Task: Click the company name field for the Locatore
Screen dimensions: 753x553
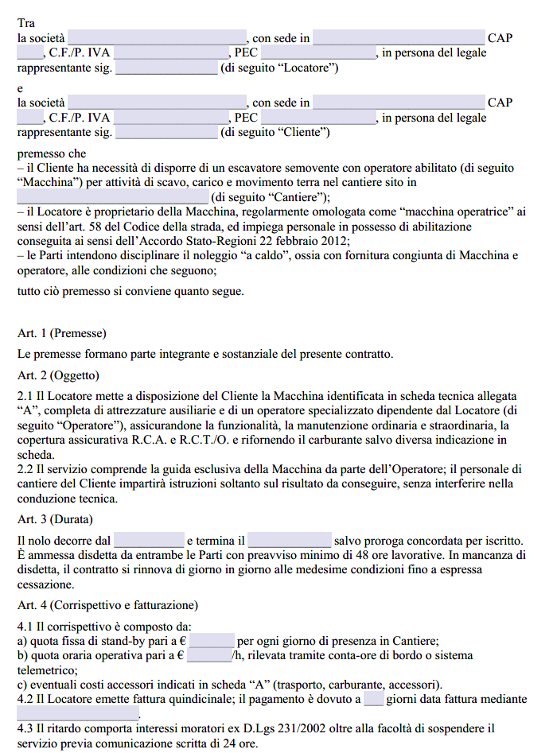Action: [158, 37]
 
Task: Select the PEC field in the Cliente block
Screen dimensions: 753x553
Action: [319, 118]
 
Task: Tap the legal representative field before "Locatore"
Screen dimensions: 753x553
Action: [166, 68]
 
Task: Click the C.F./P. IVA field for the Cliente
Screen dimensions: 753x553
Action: [171, 118]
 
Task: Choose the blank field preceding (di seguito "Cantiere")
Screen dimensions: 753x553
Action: [112, 197]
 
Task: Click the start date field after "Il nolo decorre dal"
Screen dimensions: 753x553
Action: [149, 540]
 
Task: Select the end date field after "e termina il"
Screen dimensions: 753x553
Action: [290, 540]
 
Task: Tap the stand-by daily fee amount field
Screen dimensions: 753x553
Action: [212, 641]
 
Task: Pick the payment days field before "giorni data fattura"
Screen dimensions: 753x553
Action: [374, 699]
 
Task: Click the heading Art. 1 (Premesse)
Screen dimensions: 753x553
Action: [61, 332]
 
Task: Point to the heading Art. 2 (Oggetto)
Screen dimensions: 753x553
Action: [58, 375]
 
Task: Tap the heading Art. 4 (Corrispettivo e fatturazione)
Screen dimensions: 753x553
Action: [107, 605]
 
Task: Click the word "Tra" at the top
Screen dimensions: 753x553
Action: [26, 23]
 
